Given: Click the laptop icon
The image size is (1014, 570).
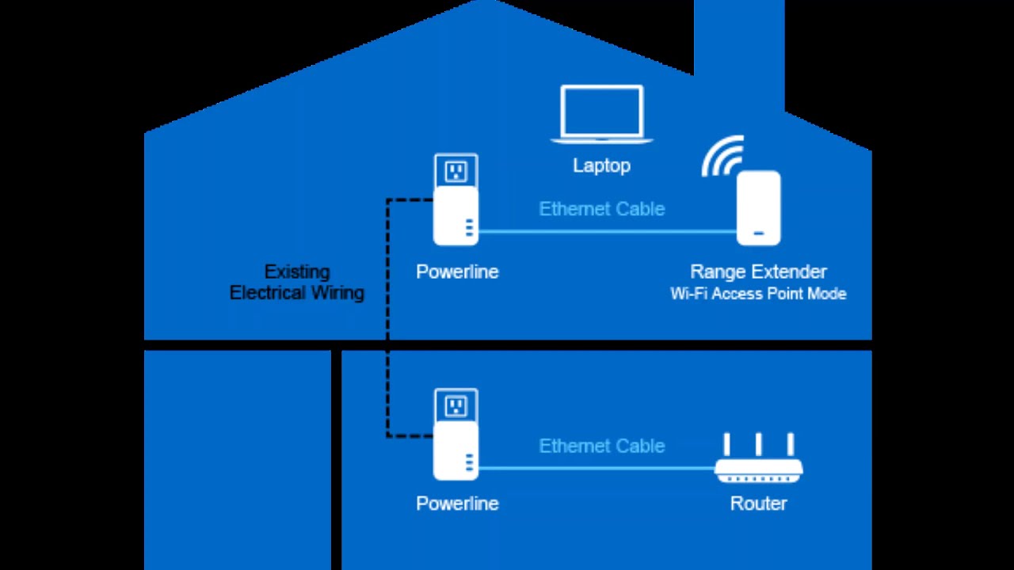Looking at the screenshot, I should coord(602,114).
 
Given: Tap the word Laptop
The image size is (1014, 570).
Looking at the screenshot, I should coord(602,165).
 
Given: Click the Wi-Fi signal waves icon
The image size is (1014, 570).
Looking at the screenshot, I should coord(722,157).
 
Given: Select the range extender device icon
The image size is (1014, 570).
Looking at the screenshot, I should coord(758,207).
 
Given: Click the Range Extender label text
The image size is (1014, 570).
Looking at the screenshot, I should coord(758,272).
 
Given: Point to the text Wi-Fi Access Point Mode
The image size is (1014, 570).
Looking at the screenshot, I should coord(758,294).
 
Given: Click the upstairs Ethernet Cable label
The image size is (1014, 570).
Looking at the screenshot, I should coord(602,209).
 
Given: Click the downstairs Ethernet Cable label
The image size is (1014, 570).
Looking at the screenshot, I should coord(602,446).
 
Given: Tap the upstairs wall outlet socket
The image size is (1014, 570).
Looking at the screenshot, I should coord(456,170).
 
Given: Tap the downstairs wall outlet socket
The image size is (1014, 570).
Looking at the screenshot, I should coord(456,407).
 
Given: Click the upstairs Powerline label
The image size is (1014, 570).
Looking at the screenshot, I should coord(457,272).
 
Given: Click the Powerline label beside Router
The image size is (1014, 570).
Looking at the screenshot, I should coord(457,503).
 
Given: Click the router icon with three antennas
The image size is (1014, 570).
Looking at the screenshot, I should coord(758,467).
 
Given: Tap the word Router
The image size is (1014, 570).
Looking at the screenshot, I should coord(758,503).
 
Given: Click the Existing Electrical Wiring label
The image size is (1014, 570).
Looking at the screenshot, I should coord(297,283).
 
